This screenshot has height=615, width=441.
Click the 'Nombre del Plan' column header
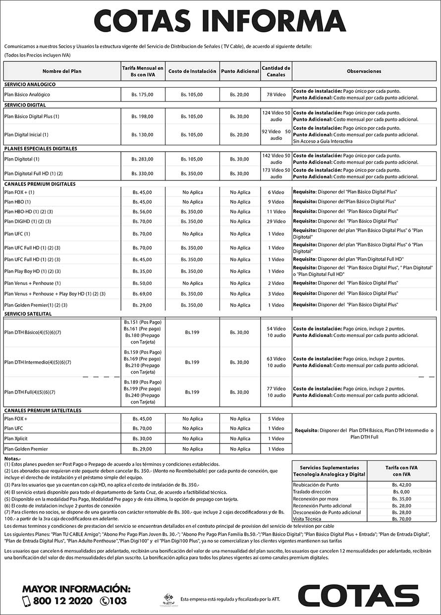pos(62,71)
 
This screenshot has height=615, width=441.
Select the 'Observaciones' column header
pos(364,71)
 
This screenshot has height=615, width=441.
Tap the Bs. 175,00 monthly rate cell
pos(143,94)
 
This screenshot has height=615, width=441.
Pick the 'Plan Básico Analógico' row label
pos(27,94)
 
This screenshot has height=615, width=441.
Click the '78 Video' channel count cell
pos(276,94)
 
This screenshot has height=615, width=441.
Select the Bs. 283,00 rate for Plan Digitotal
pos(143,159)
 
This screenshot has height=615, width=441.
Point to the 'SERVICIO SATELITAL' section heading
pos(28,314)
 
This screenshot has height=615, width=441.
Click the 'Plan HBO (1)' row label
pos(17,202)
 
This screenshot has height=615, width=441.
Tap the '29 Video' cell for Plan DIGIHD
pos(276,222)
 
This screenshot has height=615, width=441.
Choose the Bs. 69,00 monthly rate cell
pos(143,294)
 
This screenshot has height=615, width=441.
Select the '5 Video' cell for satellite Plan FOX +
pos(276,419)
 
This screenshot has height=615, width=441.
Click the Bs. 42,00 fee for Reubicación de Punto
pos(402,485)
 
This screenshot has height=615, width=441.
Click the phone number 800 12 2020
pos(62,601)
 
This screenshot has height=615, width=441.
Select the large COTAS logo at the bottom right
pos(359,596)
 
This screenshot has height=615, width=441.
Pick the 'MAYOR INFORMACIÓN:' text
pos(76,589)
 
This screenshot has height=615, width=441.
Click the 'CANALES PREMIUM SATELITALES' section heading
pos(43,410)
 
